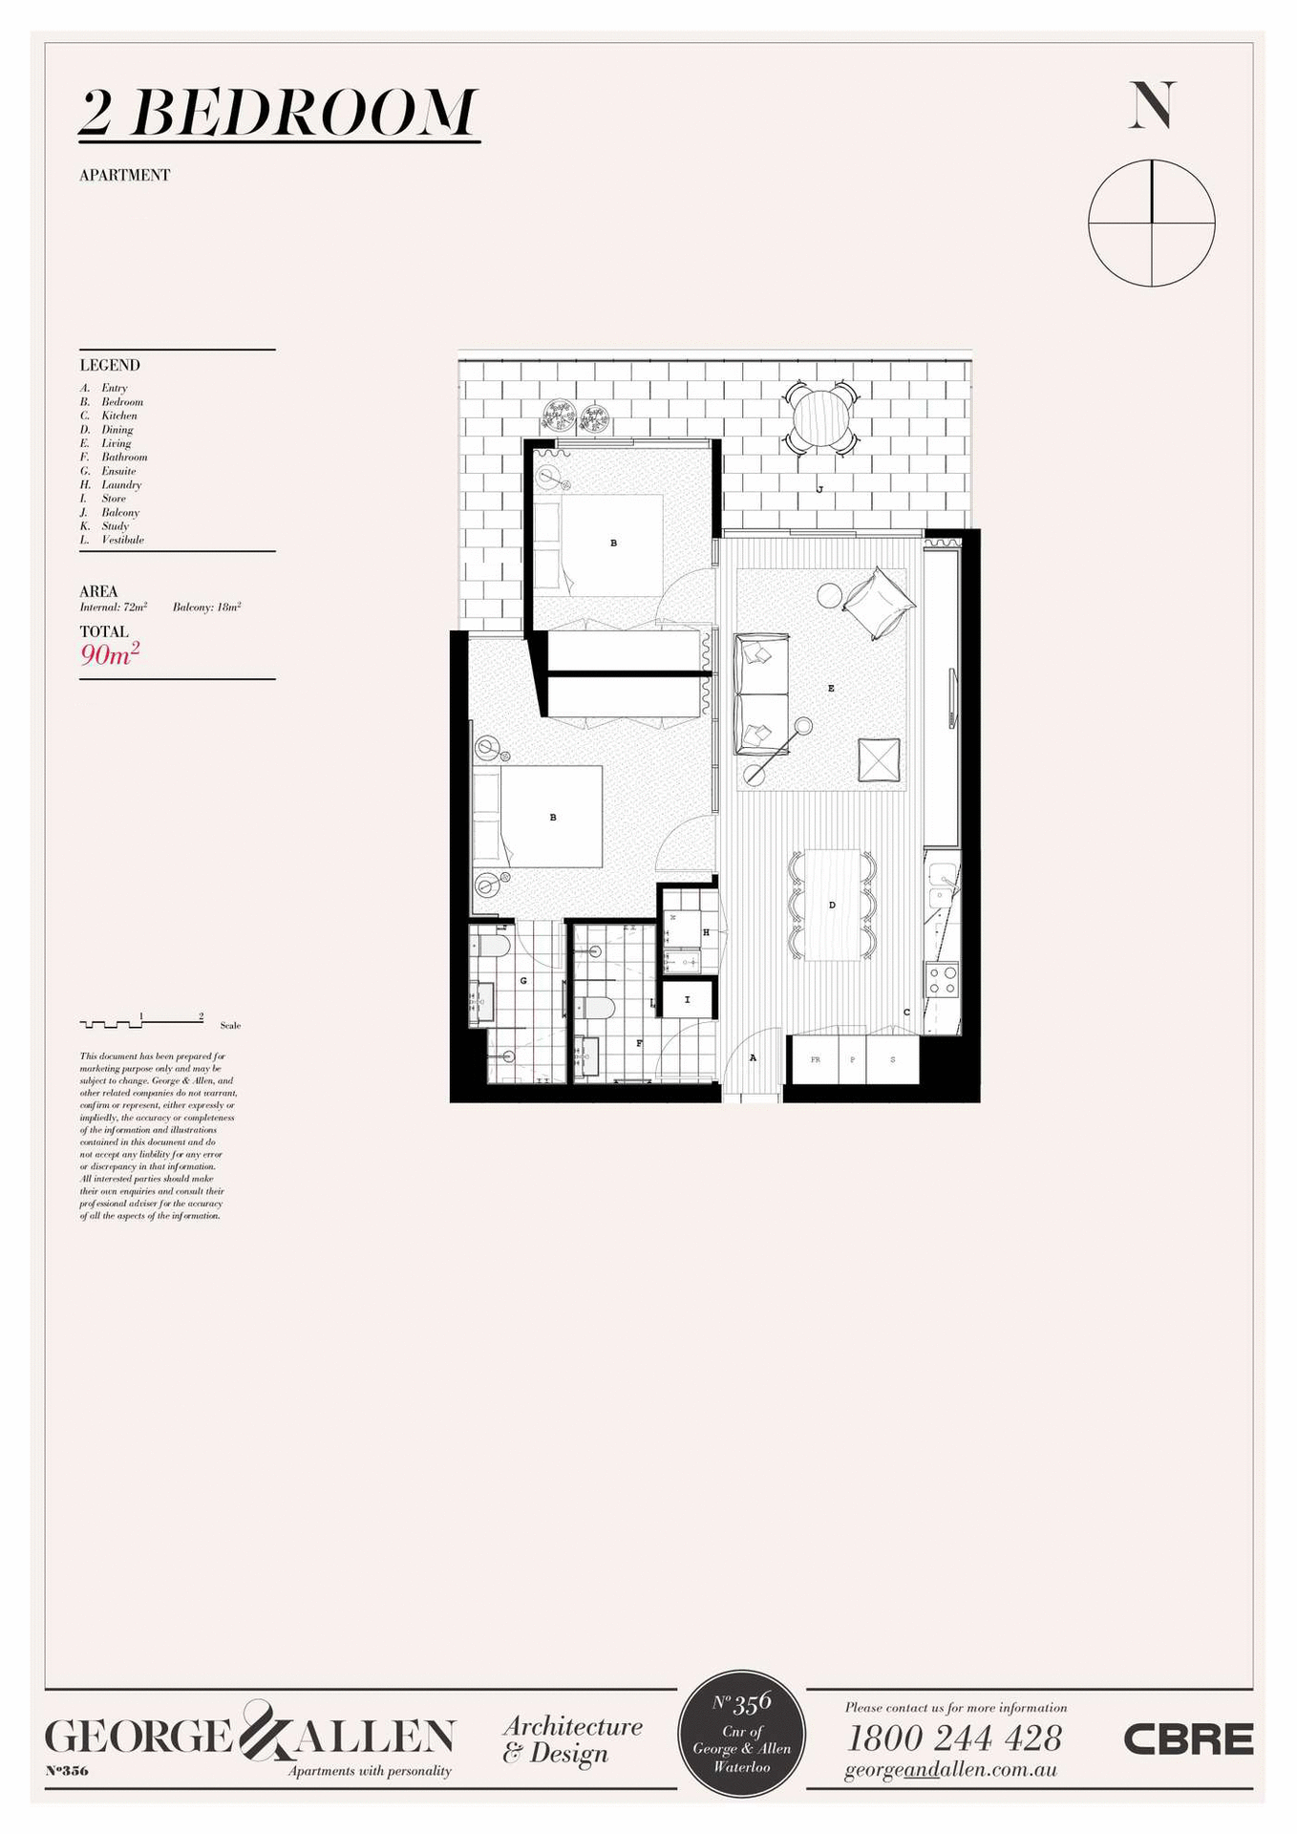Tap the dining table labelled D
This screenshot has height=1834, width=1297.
pyautogui.click(x=832, y=905)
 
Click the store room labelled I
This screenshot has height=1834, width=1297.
pyautogui.click(x=687, y=1000)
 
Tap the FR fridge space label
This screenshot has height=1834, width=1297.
pyautogui.click(x=816, y=1059)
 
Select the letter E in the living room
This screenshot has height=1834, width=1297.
pyautogui.click(x=831, y=688)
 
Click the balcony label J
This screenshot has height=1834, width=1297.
pyautogui.click(x=819, y=489)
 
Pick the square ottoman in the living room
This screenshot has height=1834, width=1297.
pyautogui.click(x=879, y=760)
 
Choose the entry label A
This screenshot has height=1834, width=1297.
pyautogui.click(x=753, y=1057)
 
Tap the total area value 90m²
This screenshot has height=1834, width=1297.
pyautogui.click(x=110, y=654)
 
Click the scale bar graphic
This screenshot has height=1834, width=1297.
pyautogui.click(x=141, y=1022)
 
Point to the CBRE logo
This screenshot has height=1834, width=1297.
pyautogui.click(x=1188, y=1739)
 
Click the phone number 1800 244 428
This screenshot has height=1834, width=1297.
pyautogui.click(x=954, y=1738)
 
